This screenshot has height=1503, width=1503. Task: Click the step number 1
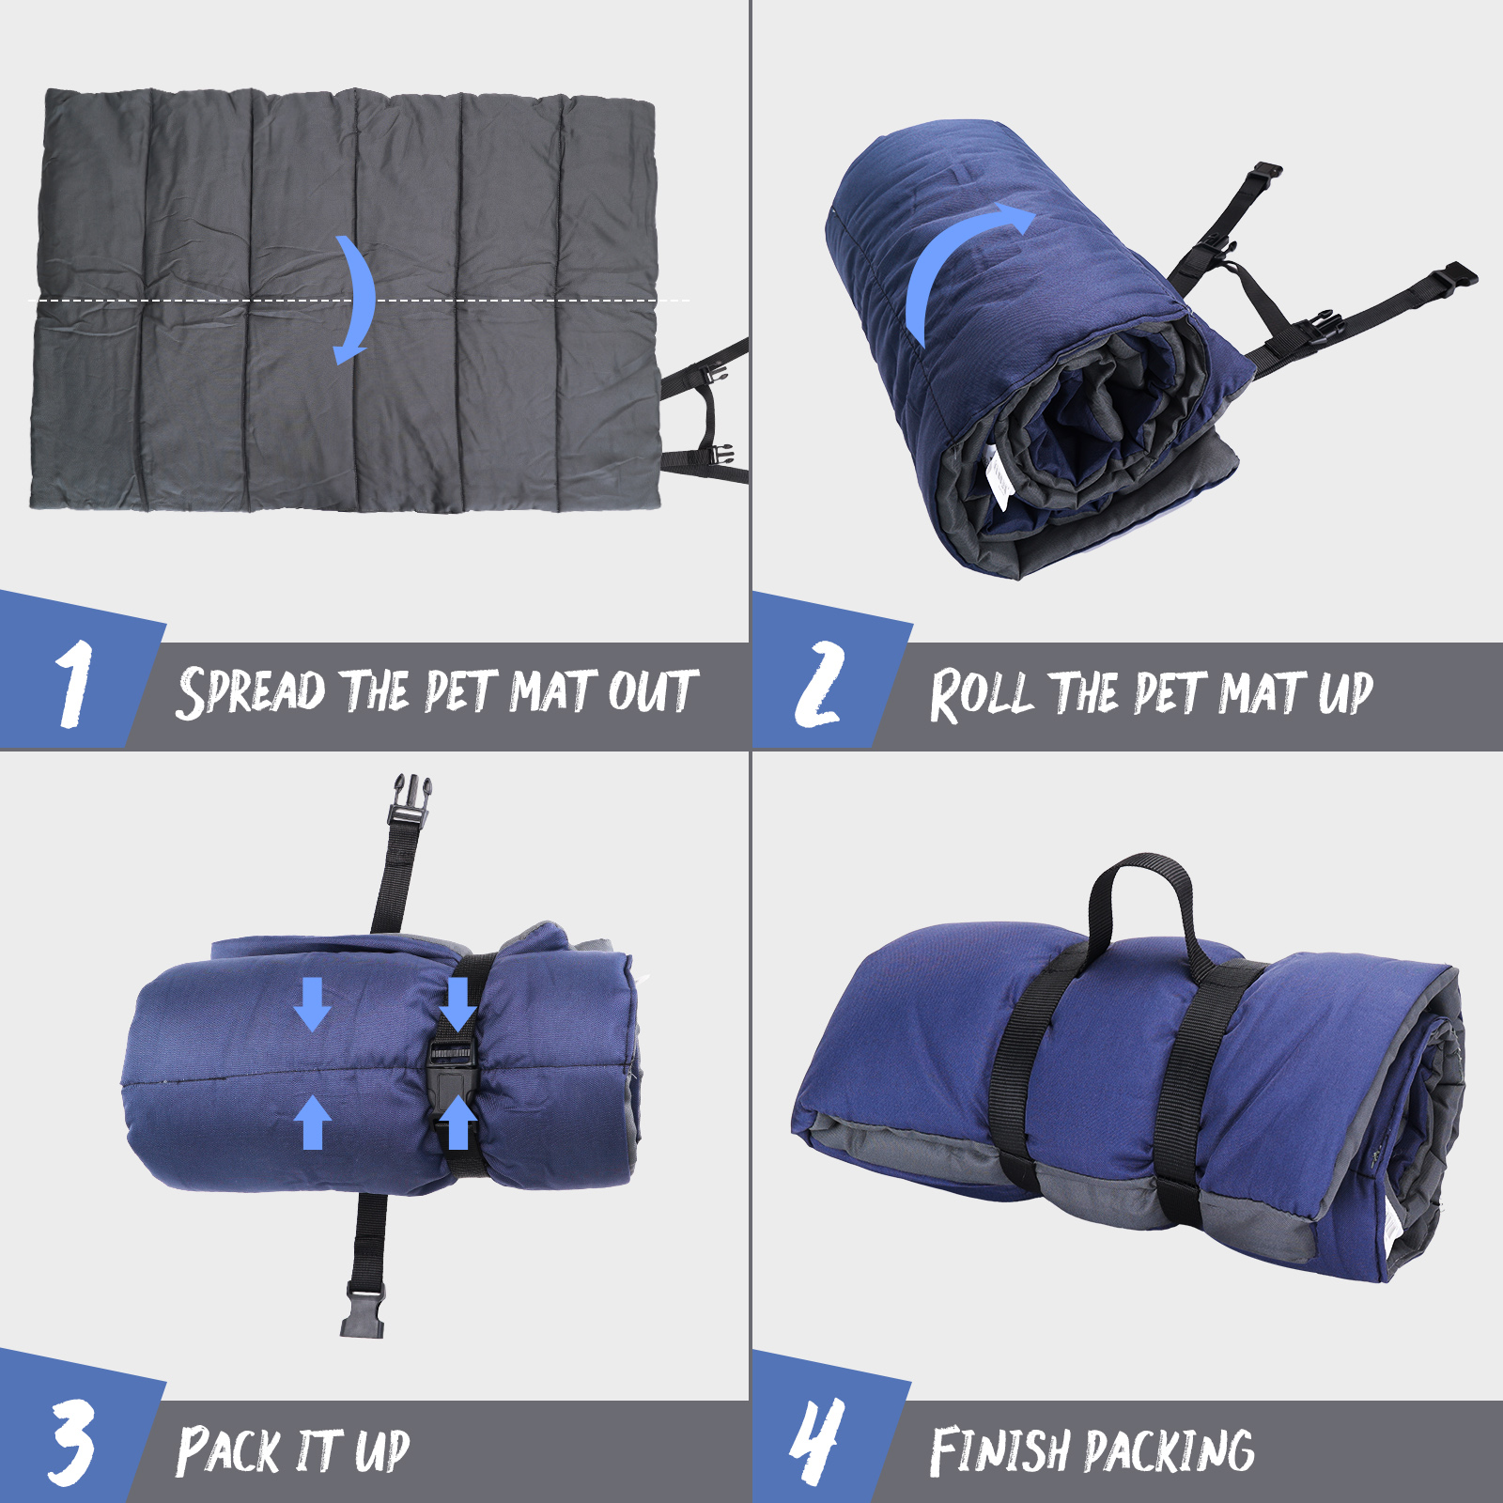point(74,683)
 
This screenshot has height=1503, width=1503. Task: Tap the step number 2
point(819,684)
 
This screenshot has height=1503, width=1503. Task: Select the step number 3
point(72,1442)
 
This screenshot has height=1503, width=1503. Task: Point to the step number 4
point(816,1441)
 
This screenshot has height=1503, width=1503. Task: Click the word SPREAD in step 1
point(251,691)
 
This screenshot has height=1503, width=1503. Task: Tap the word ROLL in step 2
point(982,695)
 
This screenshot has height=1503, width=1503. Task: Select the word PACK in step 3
point(228,1450)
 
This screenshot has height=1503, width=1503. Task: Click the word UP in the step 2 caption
point(1345,693)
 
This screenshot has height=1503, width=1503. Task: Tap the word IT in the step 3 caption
point(318,1451)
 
